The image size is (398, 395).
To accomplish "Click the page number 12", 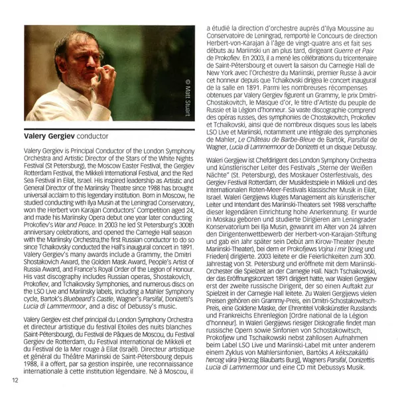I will (x=14, y=379).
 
